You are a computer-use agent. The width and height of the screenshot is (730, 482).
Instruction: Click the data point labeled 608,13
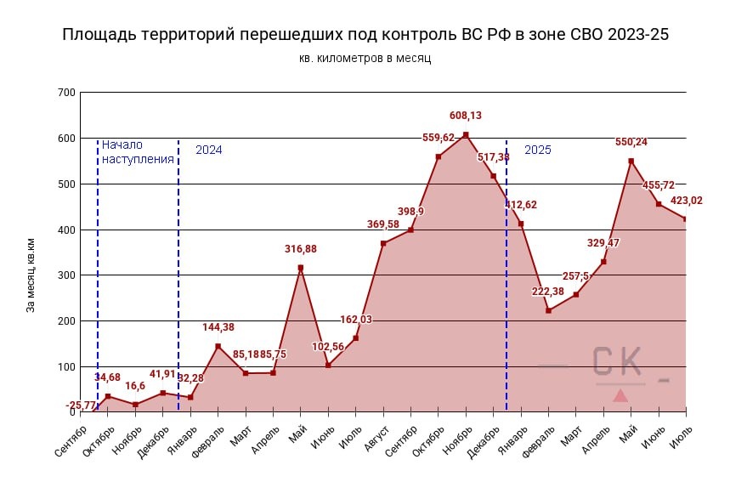tap(466, 134)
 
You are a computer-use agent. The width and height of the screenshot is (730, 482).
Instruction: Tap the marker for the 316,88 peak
tap(301, 268)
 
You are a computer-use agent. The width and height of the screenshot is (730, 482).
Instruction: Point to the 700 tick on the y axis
tap(65, 93)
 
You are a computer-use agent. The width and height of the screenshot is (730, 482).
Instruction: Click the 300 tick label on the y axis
tap(65, 275)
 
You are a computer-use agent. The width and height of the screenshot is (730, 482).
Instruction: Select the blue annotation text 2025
tap(537, 150)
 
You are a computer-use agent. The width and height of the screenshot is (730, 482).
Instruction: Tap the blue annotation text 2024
tap(208, 150)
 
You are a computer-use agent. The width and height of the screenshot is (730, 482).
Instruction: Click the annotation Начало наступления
tap(137, 151)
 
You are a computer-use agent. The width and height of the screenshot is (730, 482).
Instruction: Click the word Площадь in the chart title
tap(97, 35)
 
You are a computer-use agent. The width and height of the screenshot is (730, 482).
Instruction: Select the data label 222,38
tap(548, 292)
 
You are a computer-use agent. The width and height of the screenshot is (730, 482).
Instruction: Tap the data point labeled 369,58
tap(383, 243)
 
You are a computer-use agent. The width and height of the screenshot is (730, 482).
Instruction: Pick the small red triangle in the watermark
tap(620, 395)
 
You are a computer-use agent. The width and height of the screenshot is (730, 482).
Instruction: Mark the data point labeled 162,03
tap(355, 338)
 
